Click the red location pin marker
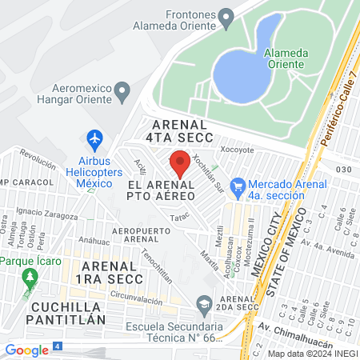tap(180, 163)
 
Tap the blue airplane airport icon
tap(95, 139)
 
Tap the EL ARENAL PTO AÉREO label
tap(162, 190)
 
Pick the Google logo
tap(26, 350)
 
